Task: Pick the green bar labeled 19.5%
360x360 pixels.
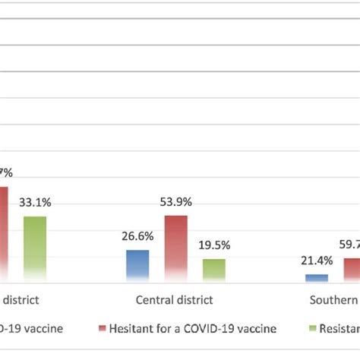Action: coord(213,270)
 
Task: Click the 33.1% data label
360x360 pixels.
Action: coord(36,204)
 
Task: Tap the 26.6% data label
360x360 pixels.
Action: coord(137,237)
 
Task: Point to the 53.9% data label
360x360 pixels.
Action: coord(175,202)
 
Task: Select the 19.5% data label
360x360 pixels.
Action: coord(214,246)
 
